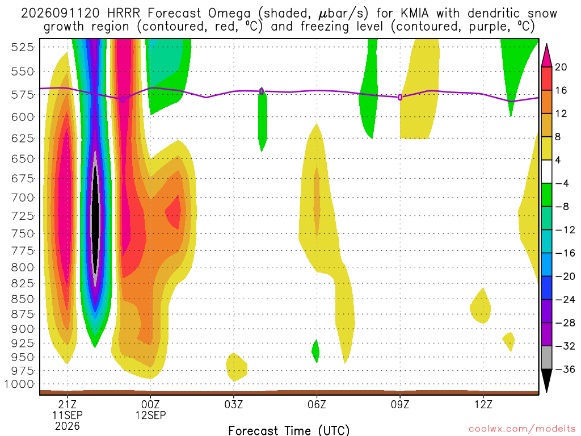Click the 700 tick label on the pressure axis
(22, 197)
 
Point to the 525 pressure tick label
(22, 47)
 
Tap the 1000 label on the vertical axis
(19, 384)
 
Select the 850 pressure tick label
(22, 299)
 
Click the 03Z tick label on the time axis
(233, 404)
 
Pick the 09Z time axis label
(400, 404)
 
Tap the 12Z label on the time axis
(483, 404)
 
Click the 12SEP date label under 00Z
(150, 415)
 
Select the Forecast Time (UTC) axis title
(289, 430)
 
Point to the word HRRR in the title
(123, 14)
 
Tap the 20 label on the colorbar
(561, 67)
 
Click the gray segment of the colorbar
(546, 358)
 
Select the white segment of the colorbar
(546, 171)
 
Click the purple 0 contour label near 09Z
(400, 98)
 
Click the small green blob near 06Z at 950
(315, 351)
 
